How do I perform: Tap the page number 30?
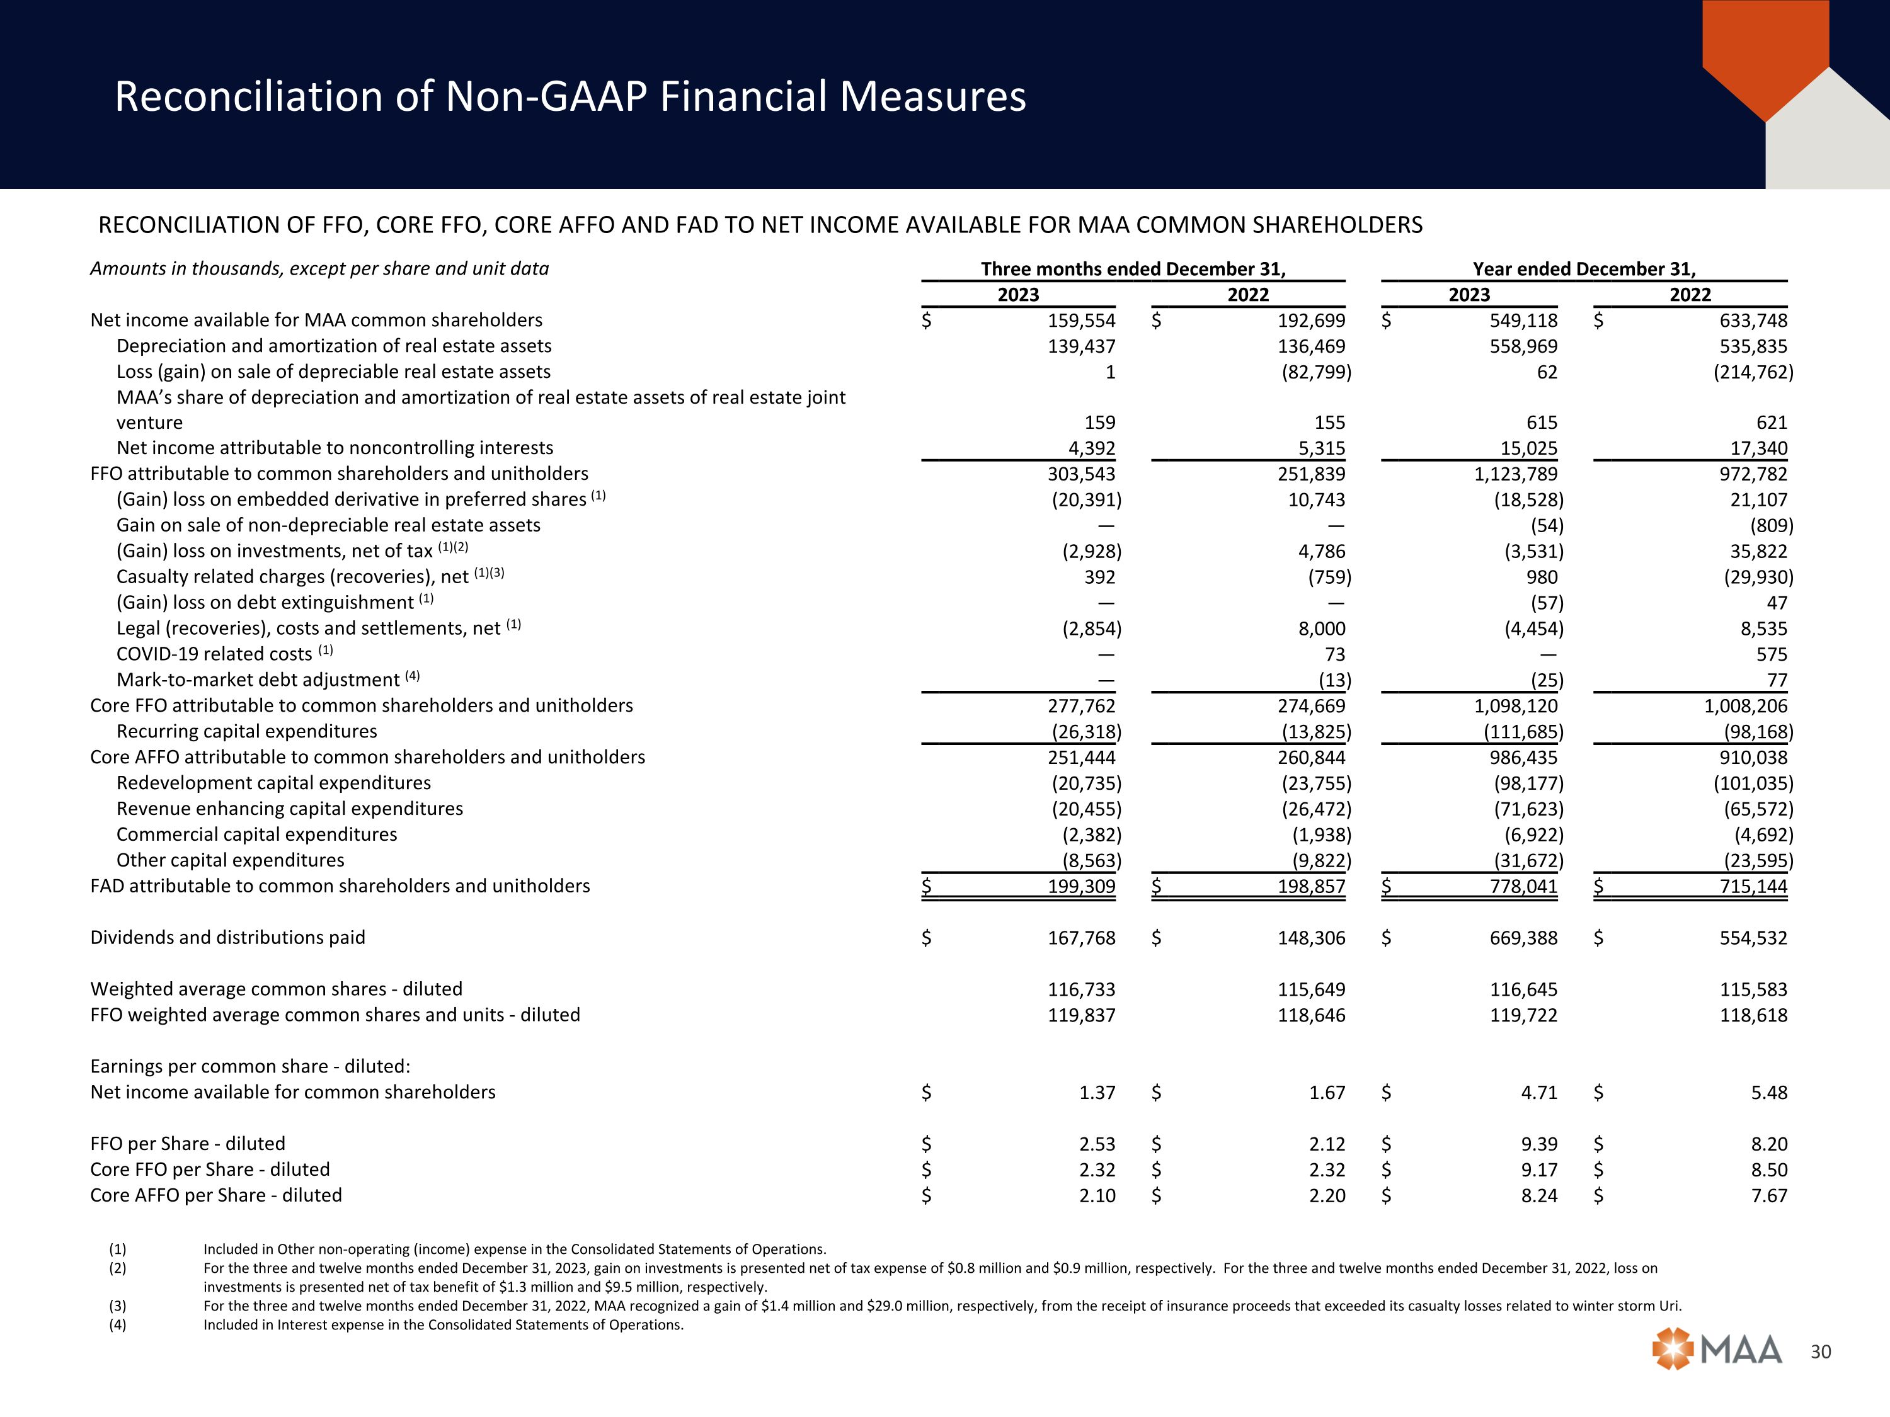pos(1821,1352)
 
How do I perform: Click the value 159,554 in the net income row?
pos(1081,321)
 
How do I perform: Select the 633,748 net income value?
pos(1753,321)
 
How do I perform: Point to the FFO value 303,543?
pos(1081,474)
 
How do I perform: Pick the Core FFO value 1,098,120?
pos(1515,705)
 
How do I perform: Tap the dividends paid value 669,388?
pos(1523,938)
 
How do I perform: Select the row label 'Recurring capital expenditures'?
pos(246,731)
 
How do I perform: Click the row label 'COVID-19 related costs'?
pos(214,654)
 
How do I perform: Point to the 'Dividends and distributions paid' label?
pos(227,938)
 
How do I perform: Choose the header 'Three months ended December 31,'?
pos(1132,269)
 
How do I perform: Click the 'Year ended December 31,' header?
pos(1583,269)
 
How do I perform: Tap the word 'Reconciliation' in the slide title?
pos(248,96)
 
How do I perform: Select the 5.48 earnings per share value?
pos(1768,1093)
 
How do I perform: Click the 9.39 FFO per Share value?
pos(1539,1144)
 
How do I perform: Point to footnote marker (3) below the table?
pos(117,1306)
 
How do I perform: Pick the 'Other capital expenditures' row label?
pos(230,860)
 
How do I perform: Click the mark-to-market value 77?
pos(1777,680)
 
